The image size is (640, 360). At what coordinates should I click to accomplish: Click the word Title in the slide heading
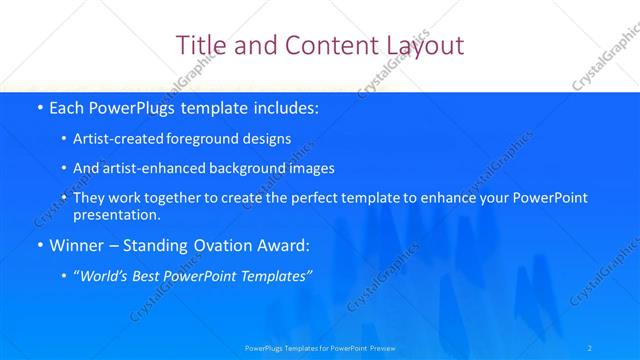pyautogui.click(x=200, y=45)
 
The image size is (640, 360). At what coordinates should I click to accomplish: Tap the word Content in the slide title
pyautogui.click(x=324, y=45)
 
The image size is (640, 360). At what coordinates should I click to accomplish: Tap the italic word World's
pyautogui.click(x=105, y=275)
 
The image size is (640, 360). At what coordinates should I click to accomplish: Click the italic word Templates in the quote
pyautogui.click(x=275, y=275)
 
